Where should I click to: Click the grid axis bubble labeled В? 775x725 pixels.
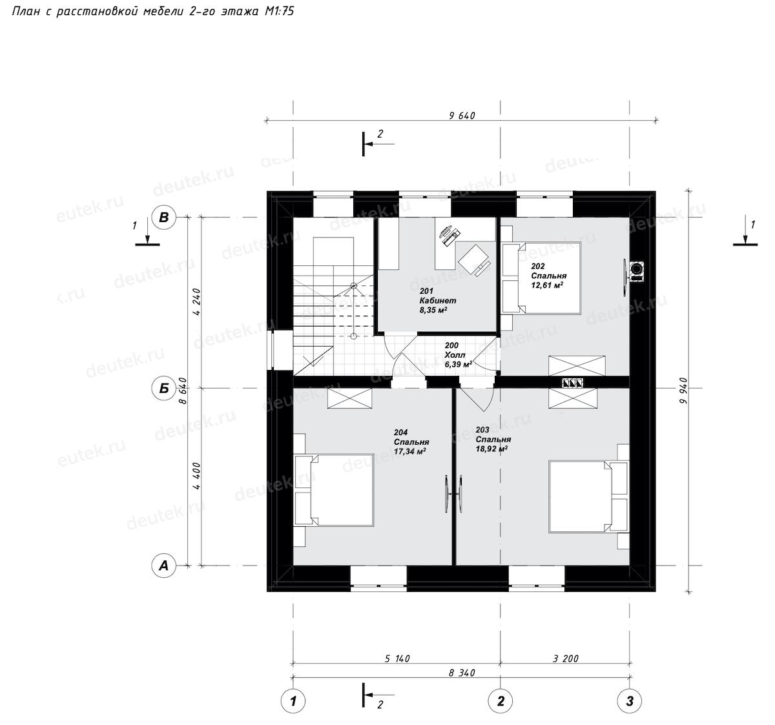tap(164, 218)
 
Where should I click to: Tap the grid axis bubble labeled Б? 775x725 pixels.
tap(164, 388)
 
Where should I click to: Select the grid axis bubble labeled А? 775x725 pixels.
tap(164, 566)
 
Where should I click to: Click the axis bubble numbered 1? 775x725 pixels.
tap(293, 701)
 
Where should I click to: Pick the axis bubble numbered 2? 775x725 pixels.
tap(501, 701)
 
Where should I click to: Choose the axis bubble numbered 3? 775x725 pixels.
tap(630, 701)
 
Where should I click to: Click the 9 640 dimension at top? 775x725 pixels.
tap(462, 116)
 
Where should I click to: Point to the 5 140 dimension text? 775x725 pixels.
tap(397, 659)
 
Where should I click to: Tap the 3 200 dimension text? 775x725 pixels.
tap(566, 659)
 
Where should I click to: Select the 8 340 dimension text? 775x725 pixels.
tap(462, 673)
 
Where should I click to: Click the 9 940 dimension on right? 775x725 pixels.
tap(683, 390)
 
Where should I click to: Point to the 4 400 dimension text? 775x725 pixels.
tap(196, 476)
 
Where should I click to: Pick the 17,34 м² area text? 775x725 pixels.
tap(409, 451)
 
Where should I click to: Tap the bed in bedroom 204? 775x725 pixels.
tap(335, 490)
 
